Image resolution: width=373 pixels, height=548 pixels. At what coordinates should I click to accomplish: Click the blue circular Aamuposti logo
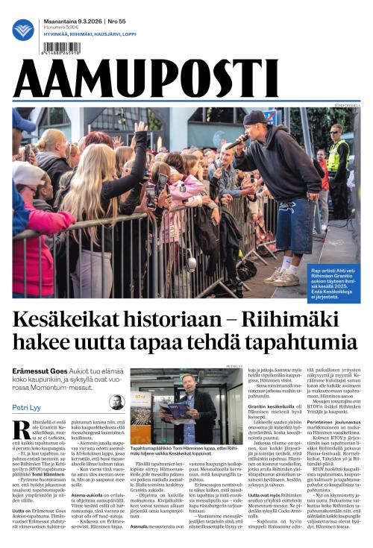tap(23, 30)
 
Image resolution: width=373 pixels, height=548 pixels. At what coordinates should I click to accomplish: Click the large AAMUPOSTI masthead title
tap(145, 79)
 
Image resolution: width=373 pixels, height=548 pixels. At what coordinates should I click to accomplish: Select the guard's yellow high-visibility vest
tap(338, 156)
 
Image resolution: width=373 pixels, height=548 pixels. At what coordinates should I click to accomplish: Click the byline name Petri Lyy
tap(28, 407)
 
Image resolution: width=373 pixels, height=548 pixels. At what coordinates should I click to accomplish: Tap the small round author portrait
tap(116, 402)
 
